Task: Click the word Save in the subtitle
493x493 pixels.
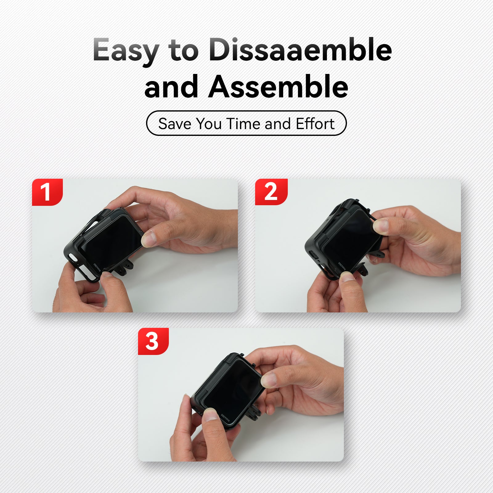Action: [x=175, y=124]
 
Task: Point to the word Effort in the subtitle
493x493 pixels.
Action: [x=315, y=124]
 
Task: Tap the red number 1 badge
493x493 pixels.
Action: [x=47, y=192]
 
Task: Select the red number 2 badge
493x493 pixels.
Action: [x=271, y=192]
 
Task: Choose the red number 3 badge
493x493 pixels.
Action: [x=153, y=341]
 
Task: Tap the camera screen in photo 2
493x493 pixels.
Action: [x=351, y=239]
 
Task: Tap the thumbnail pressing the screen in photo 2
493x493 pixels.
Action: [x=381, y=225]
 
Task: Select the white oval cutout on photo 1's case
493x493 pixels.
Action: [x=72, y=257]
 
